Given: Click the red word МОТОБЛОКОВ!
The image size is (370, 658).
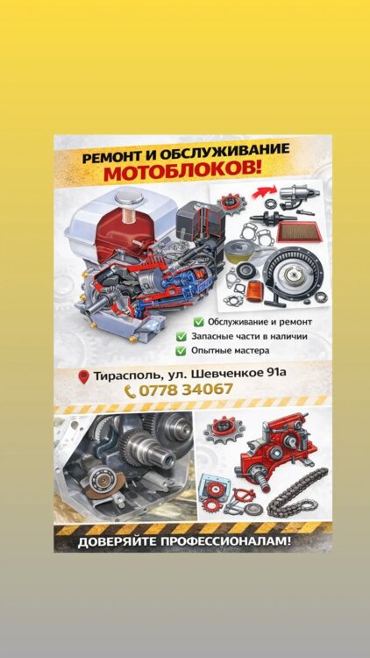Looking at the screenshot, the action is point(182,172).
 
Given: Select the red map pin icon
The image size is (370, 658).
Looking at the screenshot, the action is point(84,377).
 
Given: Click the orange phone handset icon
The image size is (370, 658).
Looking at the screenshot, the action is point(130,392).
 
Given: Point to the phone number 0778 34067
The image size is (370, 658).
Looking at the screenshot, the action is point(185,390).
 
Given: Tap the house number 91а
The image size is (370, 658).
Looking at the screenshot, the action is point(276,372).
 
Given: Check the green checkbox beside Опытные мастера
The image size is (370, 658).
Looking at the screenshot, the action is point(181,351).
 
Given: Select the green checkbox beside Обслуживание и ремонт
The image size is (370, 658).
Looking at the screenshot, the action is point(198,322).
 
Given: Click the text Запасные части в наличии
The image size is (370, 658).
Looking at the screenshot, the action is point(250,336).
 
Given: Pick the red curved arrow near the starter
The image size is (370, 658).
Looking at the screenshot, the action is point(263,192).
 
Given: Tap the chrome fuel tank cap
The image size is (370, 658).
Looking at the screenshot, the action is point(128,197).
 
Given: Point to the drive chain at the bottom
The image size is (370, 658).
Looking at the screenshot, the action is point(298,492).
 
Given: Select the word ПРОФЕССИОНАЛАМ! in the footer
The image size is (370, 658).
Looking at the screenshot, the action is point(225,541).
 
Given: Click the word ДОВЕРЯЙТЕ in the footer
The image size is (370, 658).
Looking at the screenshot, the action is point(117,542).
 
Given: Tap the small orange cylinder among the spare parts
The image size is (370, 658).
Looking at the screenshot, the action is point(253,291).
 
